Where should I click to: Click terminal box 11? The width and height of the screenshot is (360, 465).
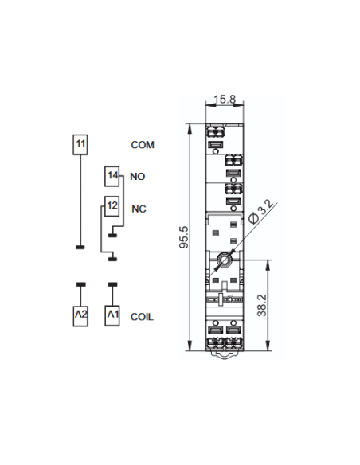pyautogui.click(x=80, y=145)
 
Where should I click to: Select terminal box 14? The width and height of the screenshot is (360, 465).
pyautogui.click(x=112, y=176)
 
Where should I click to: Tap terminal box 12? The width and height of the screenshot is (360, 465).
pyautogui.click(x=112, y=206)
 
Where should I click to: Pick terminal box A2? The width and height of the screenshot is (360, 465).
pyautogui.click(x=80, y=316)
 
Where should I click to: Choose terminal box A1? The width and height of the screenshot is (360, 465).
pyautogui.click(x=112, y=316)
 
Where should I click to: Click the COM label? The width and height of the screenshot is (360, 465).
pyautogui.click(x=143, y=145)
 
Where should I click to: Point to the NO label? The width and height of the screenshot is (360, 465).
pyautogui.click(x=137, y=177)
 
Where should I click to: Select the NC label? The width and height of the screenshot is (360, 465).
pyautogui.click(x=139, y=209)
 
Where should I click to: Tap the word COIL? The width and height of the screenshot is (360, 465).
pyautogui.click(x=142, y=317)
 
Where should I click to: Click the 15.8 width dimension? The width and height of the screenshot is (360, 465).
pyautogui.click(x=225, y=99)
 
